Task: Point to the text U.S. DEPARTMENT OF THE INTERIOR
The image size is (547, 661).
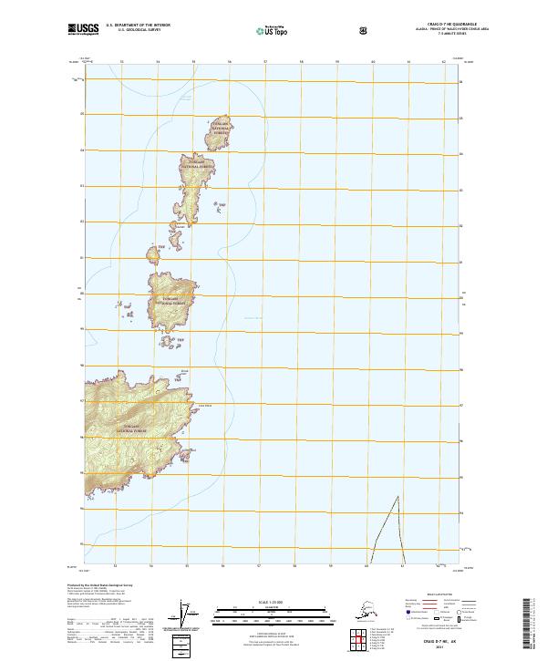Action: (139, 26)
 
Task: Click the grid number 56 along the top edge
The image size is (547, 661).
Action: (229, 63)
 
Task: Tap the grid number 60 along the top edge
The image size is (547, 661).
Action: (373, 63)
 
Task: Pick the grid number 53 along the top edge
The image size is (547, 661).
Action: (121, 63)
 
